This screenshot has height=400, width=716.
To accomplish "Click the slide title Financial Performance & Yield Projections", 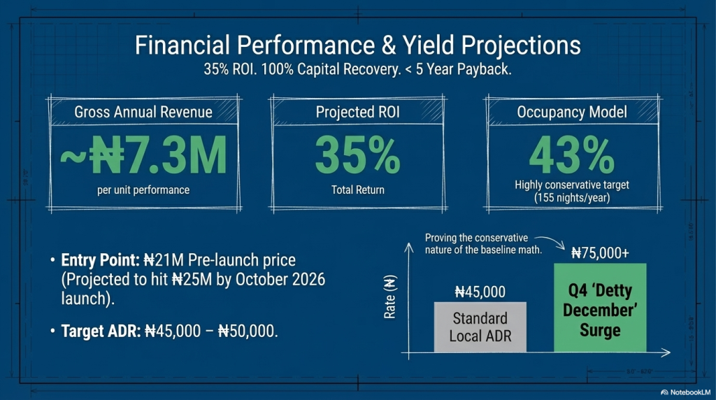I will [357, 46].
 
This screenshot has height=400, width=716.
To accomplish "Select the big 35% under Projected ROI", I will [357, 155].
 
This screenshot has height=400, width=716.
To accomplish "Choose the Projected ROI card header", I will [357, 112].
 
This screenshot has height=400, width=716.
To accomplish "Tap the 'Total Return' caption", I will [357, 190].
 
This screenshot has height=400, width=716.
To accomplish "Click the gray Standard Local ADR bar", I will [480, 327].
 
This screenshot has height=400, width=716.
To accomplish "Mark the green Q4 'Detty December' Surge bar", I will [600, 308].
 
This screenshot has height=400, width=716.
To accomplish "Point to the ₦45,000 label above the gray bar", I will [480, 292].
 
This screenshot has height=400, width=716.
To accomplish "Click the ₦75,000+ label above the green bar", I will [600, 253].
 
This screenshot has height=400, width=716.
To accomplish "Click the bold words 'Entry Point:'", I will [101, 260].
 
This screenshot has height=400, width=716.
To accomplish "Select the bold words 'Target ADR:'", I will [100, 331].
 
